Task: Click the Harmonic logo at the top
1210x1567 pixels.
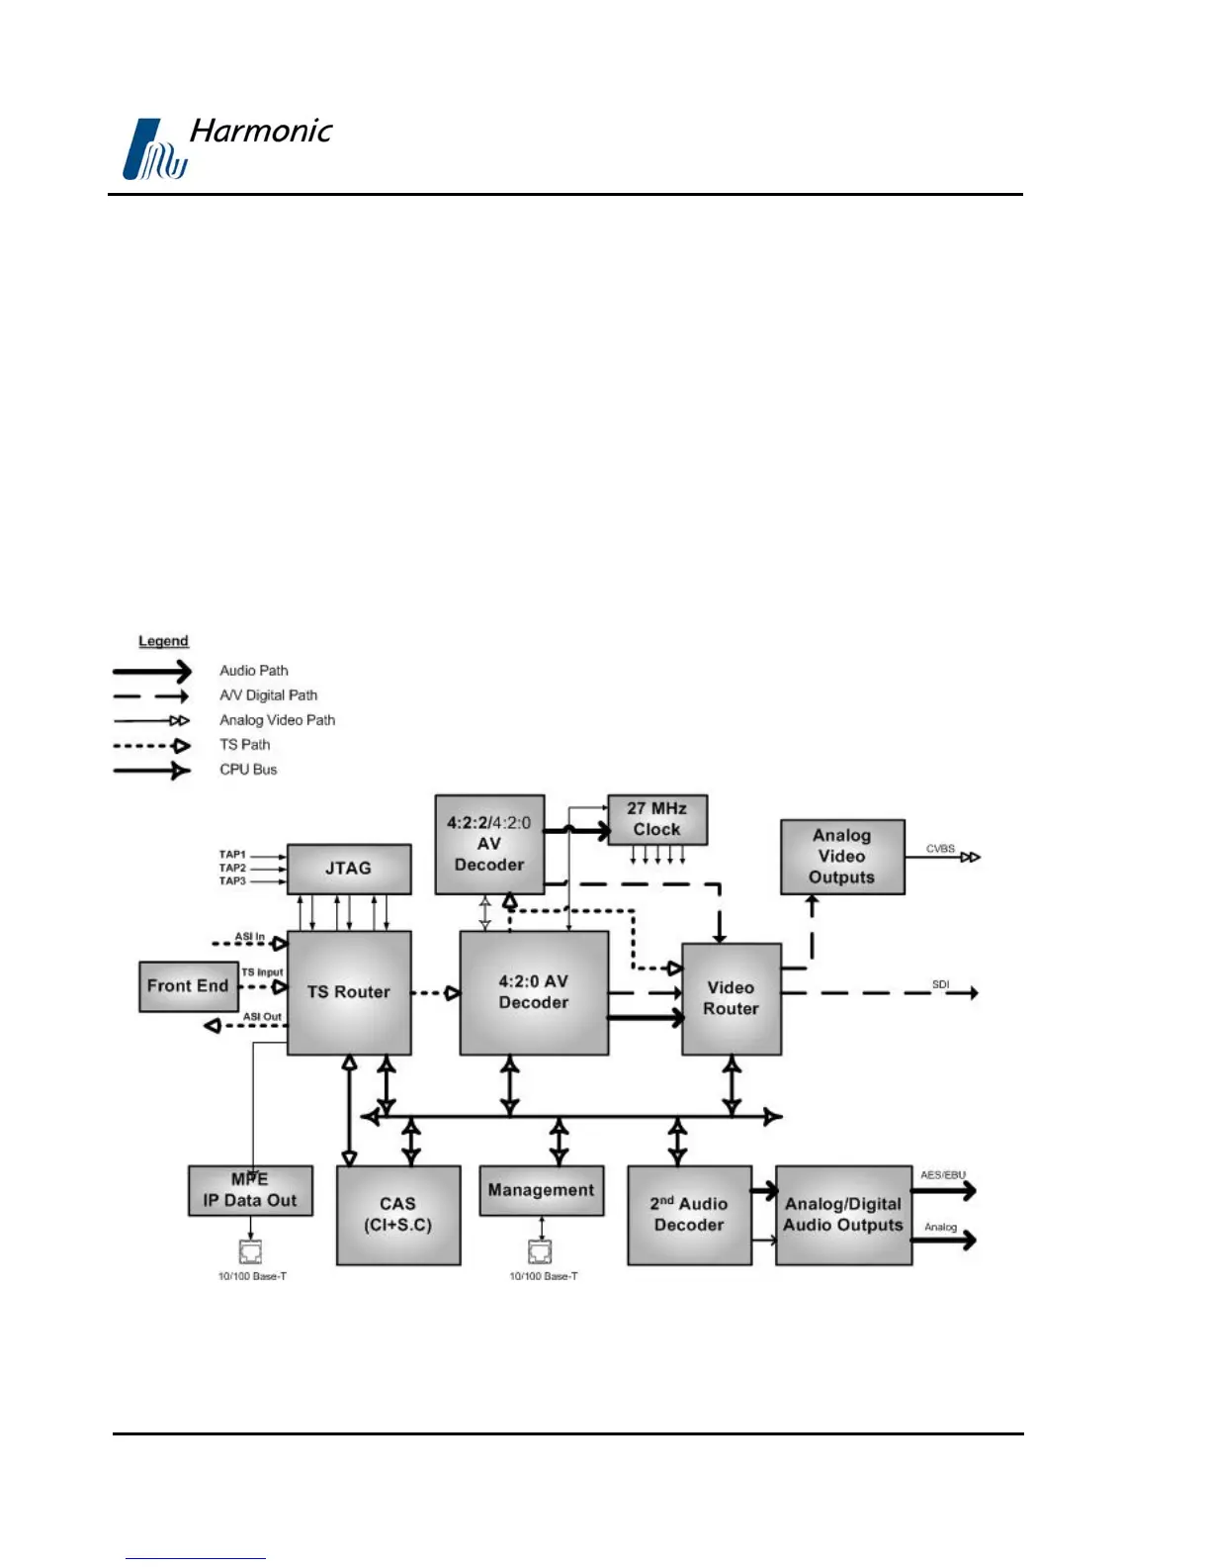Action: click(x=227, y=147)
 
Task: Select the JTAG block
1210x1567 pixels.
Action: click(x=349, y=869)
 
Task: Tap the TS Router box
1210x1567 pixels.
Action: click(x=349, y=992)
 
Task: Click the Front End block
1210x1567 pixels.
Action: click(x=188, y=986)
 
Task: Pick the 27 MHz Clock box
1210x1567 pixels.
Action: click(x=656, y=819)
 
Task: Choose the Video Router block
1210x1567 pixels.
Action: click(x=731, y=998)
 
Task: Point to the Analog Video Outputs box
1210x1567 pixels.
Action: click(x=842, y=857)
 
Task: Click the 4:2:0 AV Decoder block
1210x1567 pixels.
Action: click(x=534, y=992)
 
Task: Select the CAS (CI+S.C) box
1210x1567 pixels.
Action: click(x=398, y=1214)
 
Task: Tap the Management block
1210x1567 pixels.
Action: click(x=541, y=1190)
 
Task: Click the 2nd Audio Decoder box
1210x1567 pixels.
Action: click(x=689, y=1214)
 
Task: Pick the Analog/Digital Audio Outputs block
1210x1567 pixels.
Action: click(x=843, y=1214)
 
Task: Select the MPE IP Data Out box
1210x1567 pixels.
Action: click(x=250, y=1190)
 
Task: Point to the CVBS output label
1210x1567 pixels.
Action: click(x=940, y=849)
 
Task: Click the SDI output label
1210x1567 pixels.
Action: click(x=940, y=984)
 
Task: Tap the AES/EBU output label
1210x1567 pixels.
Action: click(x=943, y=1175)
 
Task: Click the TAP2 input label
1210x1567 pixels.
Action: click(x=232, y=868)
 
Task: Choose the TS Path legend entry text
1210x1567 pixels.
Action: click(x=244, y=745)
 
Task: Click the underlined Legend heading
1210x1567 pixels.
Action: click(x=163, y=641)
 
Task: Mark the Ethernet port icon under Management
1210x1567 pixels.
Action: click(x=540, y=1251)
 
